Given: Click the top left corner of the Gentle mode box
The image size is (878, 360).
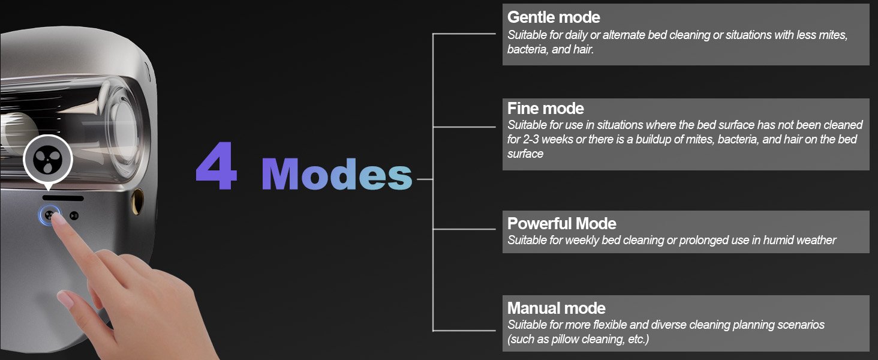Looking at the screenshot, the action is tap(503, 4).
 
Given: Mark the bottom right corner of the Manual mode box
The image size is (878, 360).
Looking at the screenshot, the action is tap(870, 352).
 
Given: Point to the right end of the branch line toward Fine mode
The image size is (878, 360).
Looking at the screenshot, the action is tap(496, 127).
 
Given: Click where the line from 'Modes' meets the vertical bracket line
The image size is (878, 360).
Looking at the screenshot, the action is tap(433, 179).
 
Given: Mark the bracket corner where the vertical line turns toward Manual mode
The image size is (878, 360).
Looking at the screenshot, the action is tap(433, 331).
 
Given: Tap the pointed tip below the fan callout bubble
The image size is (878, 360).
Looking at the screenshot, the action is tap(48, 190).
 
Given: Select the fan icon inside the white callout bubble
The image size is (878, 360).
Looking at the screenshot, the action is tap(47, 159).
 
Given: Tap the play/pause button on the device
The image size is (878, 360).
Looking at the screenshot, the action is tap(74, 215).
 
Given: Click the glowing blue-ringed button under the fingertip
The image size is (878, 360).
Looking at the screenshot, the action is tap(49, 215).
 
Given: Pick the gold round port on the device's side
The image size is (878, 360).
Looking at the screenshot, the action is tap(137, 202).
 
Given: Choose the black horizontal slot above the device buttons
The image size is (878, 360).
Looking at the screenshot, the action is tap(63, 198).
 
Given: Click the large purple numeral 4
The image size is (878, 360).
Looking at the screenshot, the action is tap(217, 166).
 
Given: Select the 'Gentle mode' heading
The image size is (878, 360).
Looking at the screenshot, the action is tap(554, 17).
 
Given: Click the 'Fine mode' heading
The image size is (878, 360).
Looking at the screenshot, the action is tap(546, 108).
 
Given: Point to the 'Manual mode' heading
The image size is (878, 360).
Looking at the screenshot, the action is tap(556, 308).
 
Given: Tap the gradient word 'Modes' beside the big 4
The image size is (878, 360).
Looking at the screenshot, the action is tap(336, 174).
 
